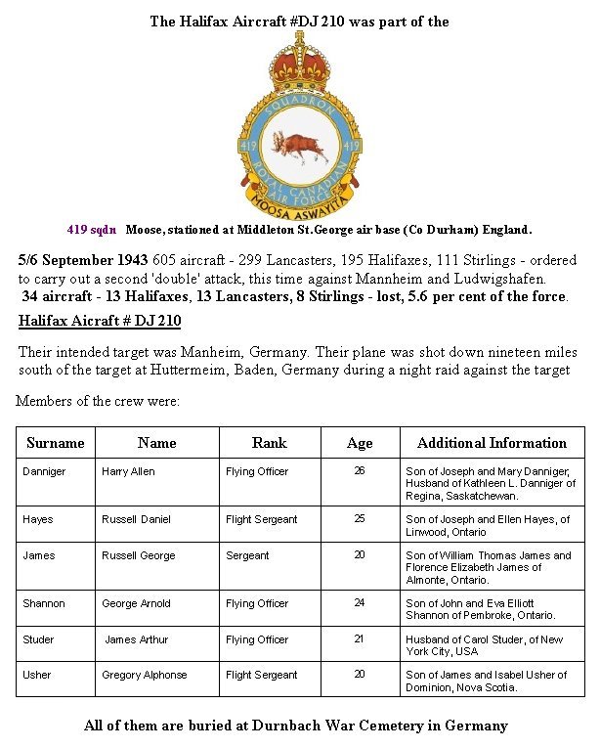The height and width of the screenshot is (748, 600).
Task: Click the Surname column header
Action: click(x=56, y=443)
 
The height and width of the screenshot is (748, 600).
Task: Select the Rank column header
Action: click(x=269, y=443)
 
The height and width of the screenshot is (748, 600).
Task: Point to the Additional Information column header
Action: click(x=492, y=443)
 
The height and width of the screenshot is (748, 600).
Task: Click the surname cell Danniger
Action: click(x=44, y=471)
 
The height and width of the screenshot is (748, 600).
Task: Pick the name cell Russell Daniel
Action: click(x=136, y=519)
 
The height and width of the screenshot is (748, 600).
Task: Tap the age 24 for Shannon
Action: click(x=359, y=603)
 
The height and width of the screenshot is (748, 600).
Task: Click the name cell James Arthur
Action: click(x=137, y=639)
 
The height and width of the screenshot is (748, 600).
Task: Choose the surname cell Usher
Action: click(x=38, y=676)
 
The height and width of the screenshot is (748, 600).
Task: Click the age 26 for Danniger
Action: click(x=359, y=471)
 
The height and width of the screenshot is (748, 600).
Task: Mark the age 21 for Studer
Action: click(x=359, y=639)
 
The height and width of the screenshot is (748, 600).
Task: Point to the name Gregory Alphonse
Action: click(x=144, y=676)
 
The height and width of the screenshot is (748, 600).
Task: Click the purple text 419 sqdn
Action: click(x=91, y=230)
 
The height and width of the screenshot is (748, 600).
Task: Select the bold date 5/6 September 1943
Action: click(x=83, y=261)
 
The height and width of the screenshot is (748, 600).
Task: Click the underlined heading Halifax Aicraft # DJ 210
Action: click(x=100, y=321)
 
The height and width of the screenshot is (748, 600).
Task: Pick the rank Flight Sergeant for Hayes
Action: click(x=261, y=519)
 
